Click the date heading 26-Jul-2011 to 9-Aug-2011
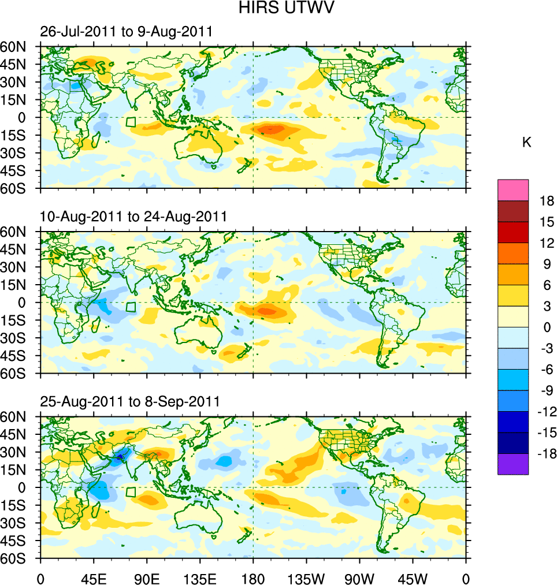[126, 32]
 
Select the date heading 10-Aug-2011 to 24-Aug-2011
[133, 217]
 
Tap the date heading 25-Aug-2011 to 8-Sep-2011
[129, 401]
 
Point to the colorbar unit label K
[526, 143]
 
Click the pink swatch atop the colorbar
[513, 189]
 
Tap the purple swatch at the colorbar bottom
[513, 464]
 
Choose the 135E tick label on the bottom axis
[200, 577]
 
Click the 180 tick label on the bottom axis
[253, 577]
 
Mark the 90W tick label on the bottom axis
[359, 577]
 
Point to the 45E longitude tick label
[94, 577]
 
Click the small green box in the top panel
[131, 122]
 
